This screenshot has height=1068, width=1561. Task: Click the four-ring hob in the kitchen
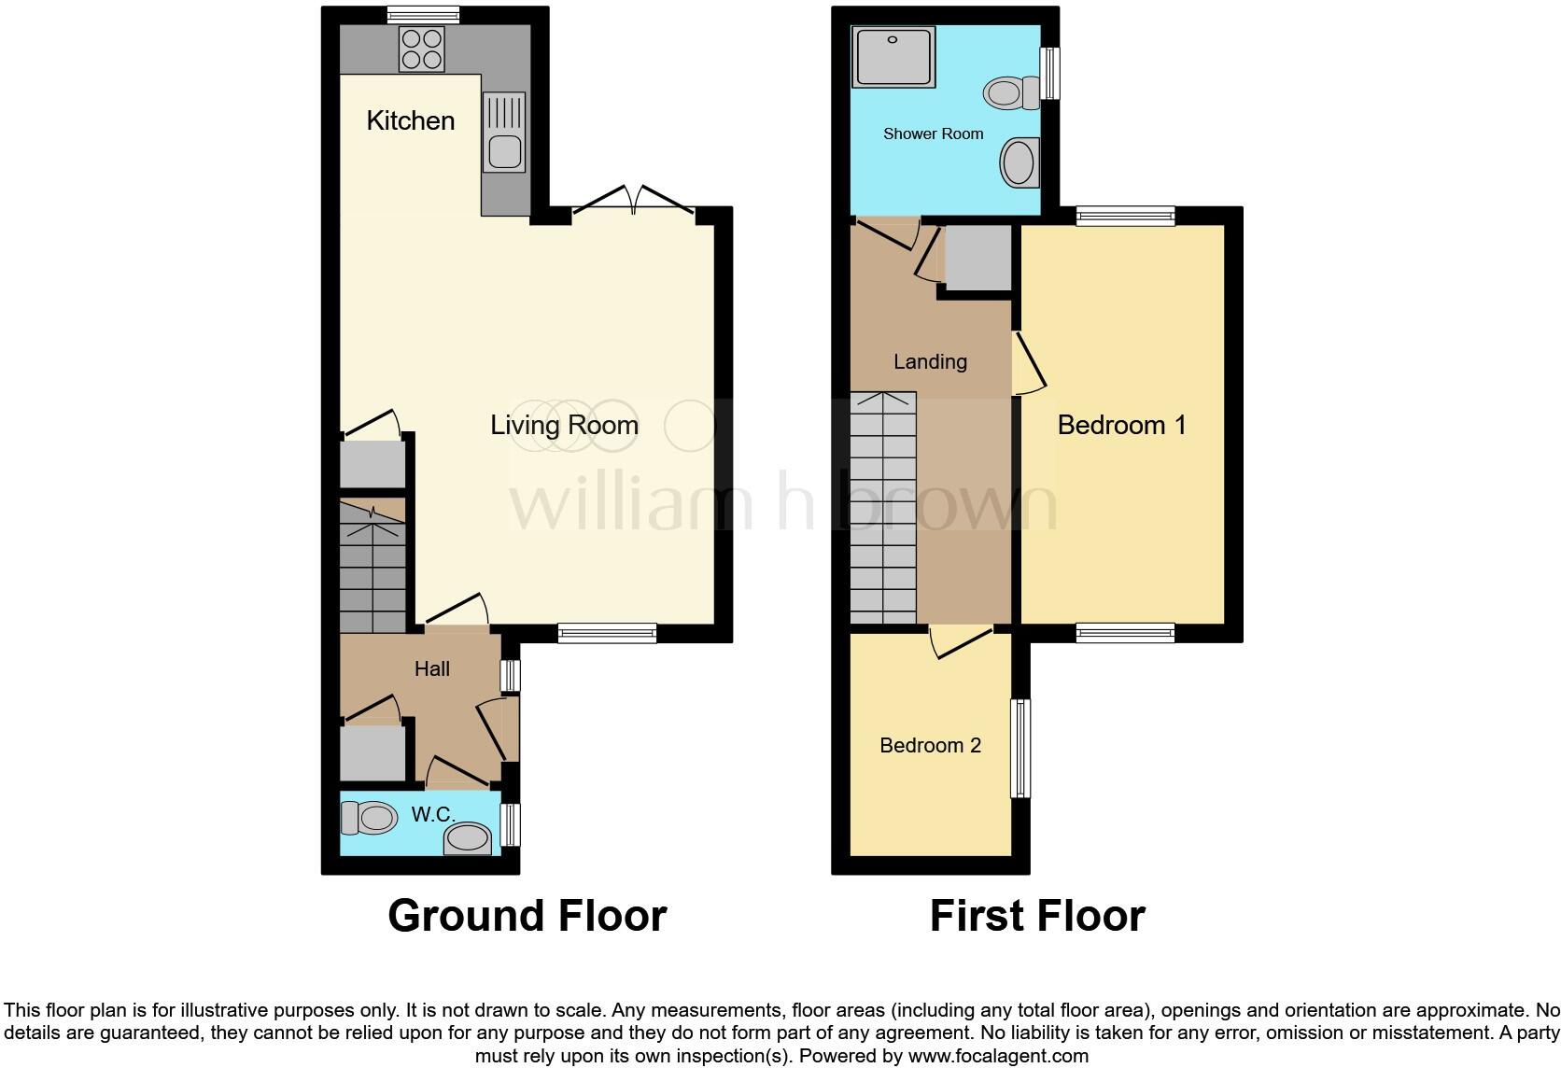(x=422, y=49)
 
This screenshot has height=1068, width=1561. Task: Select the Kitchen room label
(x=410, y=120)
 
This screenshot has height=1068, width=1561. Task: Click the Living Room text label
(x=564, y=426)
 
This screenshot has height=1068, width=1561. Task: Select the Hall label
(x=431, y=668)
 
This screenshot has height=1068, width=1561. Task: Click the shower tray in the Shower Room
(x=893, y=57)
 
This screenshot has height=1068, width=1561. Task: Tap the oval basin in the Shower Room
(x=1020, y=163)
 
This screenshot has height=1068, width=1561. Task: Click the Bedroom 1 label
(x=1121, y=426)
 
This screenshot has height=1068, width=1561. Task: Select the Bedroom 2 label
(x=930, y=745)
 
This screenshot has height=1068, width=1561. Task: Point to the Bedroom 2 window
(x=1021, y=748)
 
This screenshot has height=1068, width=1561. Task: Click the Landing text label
(x=930, y=361)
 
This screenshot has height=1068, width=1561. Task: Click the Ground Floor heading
(x=527, y=916)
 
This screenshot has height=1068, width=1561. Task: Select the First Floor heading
(x=1036, y=916)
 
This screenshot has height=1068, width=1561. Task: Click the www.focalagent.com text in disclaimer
(x=998, y=1056)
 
